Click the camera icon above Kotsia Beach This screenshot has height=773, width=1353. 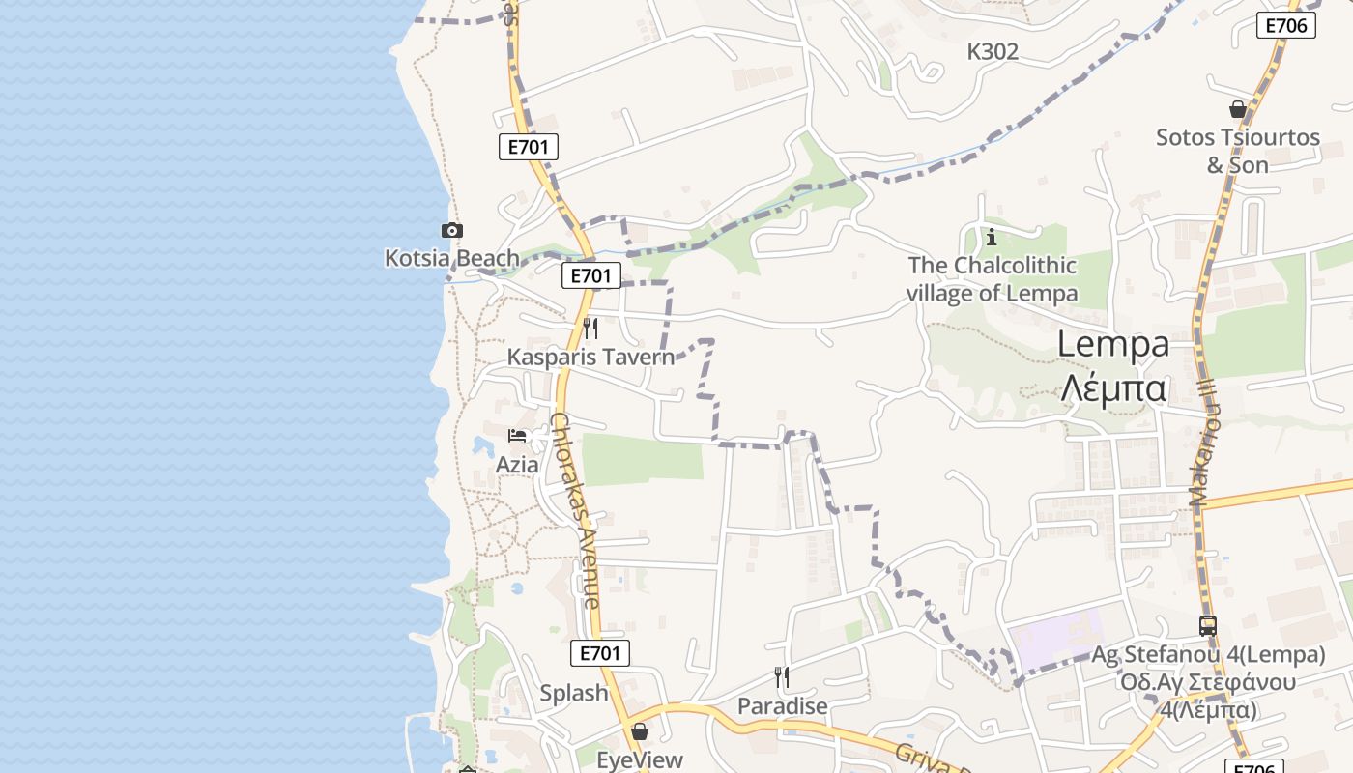451,230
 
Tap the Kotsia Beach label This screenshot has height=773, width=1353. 452,258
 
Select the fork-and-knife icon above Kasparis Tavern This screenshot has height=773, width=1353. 590,329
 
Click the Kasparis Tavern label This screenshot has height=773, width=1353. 590,357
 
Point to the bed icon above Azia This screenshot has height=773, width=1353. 517,436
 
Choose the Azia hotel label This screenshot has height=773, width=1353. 517,464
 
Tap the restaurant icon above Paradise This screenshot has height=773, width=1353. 782,677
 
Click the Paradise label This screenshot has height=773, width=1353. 783,706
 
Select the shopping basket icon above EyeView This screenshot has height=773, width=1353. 639,731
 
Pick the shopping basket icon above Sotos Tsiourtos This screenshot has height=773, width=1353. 1238,109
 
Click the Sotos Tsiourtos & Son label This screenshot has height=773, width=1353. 1238,151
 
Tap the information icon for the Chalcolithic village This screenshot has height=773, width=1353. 991,237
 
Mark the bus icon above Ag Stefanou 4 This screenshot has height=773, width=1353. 1208,626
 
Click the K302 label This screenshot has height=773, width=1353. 993,52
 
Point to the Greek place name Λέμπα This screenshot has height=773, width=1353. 1113,387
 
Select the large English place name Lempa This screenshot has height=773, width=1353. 1113,344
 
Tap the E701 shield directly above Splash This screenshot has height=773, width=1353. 599,653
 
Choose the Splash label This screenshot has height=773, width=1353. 574,693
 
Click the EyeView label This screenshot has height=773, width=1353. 640,759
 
